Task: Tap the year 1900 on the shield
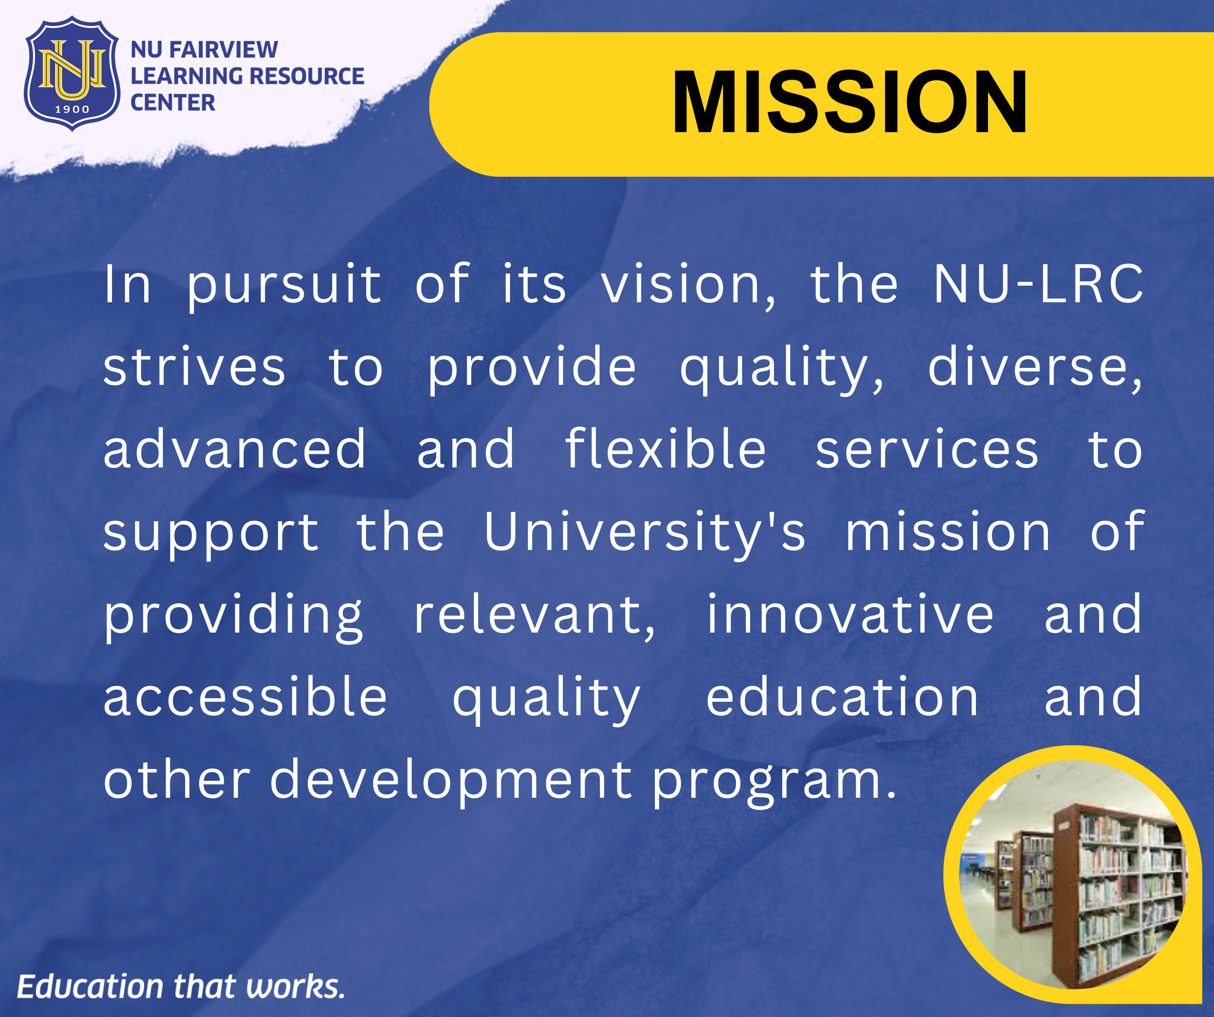click(72, 109)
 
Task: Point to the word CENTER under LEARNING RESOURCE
click(173, 103)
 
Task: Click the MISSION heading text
click(849, 103)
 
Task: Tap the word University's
click(645, 533)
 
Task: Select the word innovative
click(850, 614)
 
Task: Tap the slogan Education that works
click(181, 986)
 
